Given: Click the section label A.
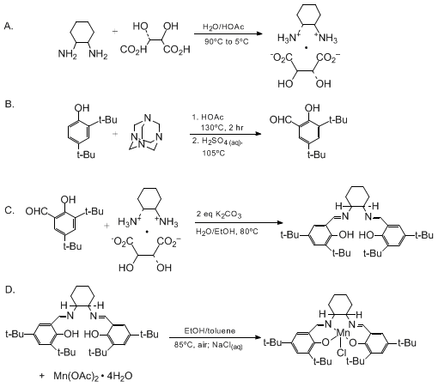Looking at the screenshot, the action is pos(9,27).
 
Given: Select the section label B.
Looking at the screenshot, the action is pos(9,104).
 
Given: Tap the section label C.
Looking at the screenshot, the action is pos(9,210).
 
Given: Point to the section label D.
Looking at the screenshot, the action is pos(10,290).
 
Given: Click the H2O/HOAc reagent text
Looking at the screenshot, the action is pos(223,27).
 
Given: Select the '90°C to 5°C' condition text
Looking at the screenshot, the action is pos(227,42).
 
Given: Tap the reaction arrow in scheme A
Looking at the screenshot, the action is pos(228,33).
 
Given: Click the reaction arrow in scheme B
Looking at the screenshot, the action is pos(226,134).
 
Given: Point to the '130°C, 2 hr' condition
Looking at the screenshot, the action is pos(222,128).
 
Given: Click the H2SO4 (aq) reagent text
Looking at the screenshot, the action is pos(217,142).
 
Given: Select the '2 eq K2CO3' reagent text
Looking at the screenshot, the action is pos(219,215).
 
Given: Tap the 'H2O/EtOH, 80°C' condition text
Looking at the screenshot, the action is pos(227,231).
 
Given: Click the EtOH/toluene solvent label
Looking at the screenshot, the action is pos(210,331).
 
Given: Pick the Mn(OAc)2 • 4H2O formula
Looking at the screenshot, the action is pos(93,376).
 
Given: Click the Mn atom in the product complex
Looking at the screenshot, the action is pos(342,333).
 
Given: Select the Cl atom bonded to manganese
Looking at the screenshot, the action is pos(342,353).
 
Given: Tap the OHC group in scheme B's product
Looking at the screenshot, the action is pos(280,120).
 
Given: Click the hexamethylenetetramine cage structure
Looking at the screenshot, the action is pos(145,132).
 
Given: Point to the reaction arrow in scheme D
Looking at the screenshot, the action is pos(215,337).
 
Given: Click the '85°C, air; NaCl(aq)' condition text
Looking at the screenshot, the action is pos(209,345).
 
